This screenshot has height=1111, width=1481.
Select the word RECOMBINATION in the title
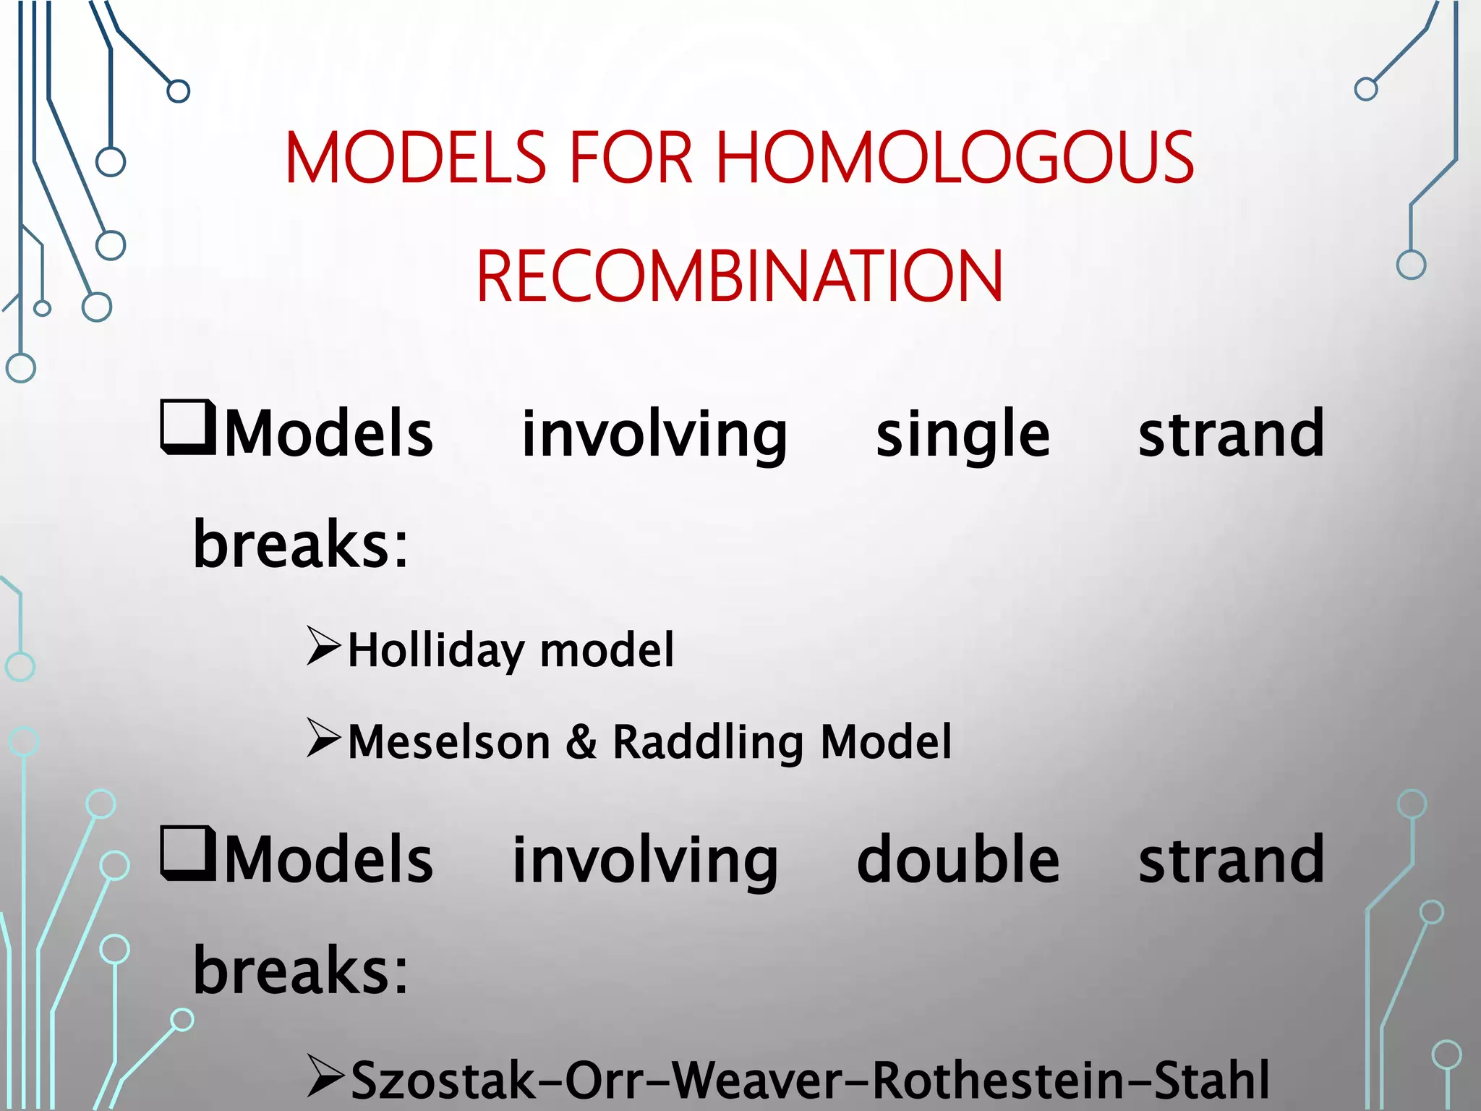pos(740,276)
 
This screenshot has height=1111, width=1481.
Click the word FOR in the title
pos(632,158)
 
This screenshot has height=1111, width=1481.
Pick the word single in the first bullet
pos(963,434)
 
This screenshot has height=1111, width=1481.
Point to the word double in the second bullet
pos(957,859)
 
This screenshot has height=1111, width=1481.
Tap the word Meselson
pos(449,742)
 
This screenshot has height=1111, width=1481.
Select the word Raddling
pos(707,742)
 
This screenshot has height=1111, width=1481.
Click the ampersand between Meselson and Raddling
pos(582,742)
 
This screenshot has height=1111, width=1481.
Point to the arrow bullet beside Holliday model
pos(323,646)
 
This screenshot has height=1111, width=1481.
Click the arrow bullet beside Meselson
pos(323,738)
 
